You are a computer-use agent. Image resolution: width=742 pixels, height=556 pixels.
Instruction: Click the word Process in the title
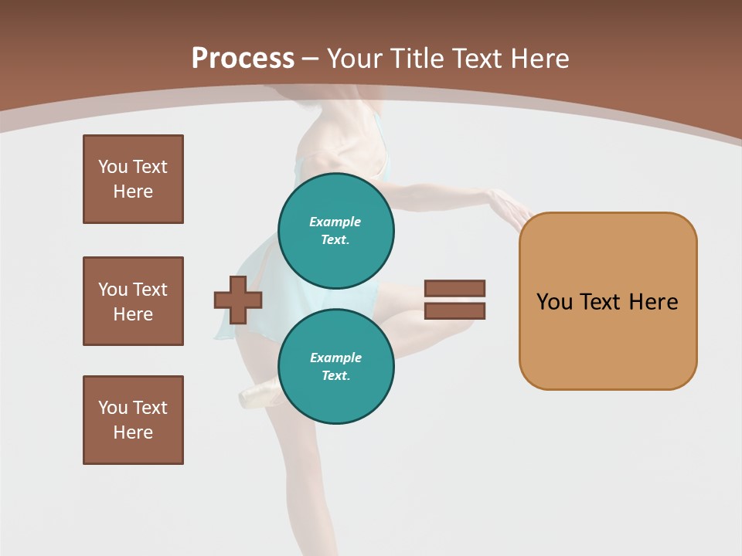[x=243, y=59]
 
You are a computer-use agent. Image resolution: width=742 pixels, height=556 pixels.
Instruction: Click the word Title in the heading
[x=418, y=59]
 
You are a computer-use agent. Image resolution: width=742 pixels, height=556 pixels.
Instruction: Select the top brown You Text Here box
[x=133, y=179]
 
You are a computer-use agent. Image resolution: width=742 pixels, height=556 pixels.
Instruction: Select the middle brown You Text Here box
[x=133, y=301]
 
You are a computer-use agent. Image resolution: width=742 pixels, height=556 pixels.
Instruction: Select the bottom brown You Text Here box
[x=133, y=420]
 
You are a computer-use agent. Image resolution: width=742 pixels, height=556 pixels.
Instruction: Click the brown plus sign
[x=238, y=300]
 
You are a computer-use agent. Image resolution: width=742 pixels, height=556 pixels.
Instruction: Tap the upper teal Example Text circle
[x=336, y=231]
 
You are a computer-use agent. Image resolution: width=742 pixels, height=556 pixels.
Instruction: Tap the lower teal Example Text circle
[x=336, y=367]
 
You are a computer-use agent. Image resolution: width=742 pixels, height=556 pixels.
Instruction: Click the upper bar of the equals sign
[x=454, y=289]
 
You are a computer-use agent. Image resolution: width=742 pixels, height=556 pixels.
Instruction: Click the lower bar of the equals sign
[x=454, y=311]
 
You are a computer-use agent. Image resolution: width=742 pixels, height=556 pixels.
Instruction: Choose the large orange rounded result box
[x=608, y=301]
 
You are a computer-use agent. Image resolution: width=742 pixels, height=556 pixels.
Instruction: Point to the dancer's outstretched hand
[x=511, y=207]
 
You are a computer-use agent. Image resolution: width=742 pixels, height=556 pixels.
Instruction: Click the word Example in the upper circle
[x=335, y=222]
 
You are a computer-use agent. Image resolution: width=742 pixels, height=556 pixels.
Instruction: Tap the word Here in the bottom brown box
[x=133, y=432]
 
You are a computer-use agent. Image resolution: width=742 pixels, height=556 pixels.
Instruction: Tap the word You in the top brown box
[x=112, y=167]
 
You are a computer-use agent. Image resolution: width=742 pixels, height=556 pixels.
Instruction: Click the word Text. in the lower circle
[x=336, y=376]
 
